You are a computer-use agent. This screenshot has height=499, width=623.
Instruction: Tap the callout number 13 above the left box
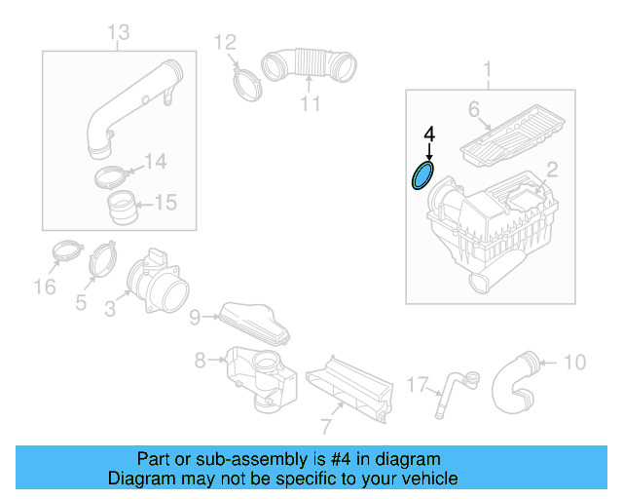118,34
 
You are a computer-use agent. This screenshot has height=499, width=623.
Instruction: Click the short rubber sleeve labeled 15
122,208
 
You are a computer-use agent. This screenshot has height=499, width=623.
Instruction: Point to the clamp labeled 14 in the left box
116,178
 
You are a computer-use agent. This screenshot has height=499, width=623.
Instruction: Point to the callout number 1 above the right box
488,68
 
